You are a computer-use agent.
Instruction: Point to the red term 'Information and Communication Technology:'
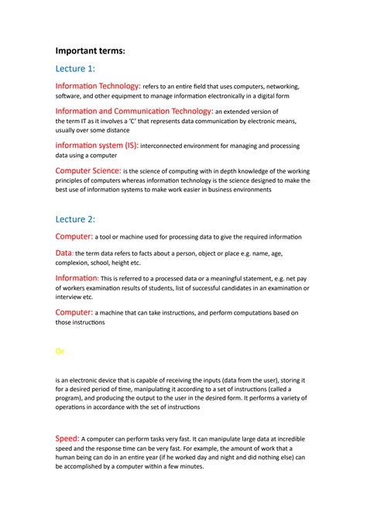click(134, 111)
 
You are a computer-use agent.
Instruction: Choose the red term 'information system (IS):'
click(97, 145)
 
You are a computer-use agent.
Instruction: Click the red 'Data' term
click(63, 253)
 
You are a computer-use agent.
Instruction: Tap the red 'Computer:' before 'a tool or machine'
click(74, 236)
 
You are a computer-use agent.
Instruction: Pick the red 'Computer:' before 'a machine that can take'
click(74, 312)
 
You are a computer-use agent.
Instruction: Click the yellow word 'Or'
click(60, 351)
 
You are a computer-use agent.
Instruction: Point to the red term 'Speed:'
click(67, 438)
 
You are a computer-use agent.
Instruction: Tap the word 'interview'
click(70, 297)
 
